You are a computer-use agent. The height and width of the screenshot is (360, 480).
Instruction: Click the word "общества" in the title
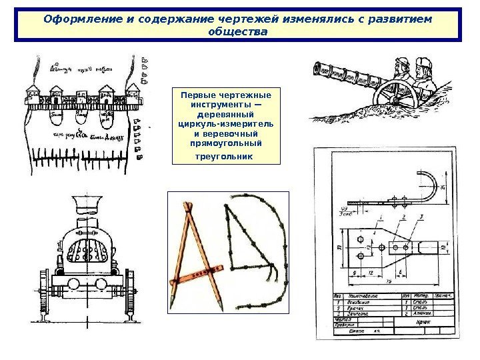[237, 31]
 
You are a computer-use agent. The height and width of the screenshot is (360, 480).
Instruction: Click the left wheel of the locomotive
[45, 293]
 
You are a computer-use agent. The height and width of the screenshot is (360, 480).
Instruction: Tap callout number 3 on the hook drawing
[422, 216]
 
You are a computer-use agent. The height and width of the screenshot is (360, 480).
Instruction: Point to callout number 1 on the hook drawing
[380, 217]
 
